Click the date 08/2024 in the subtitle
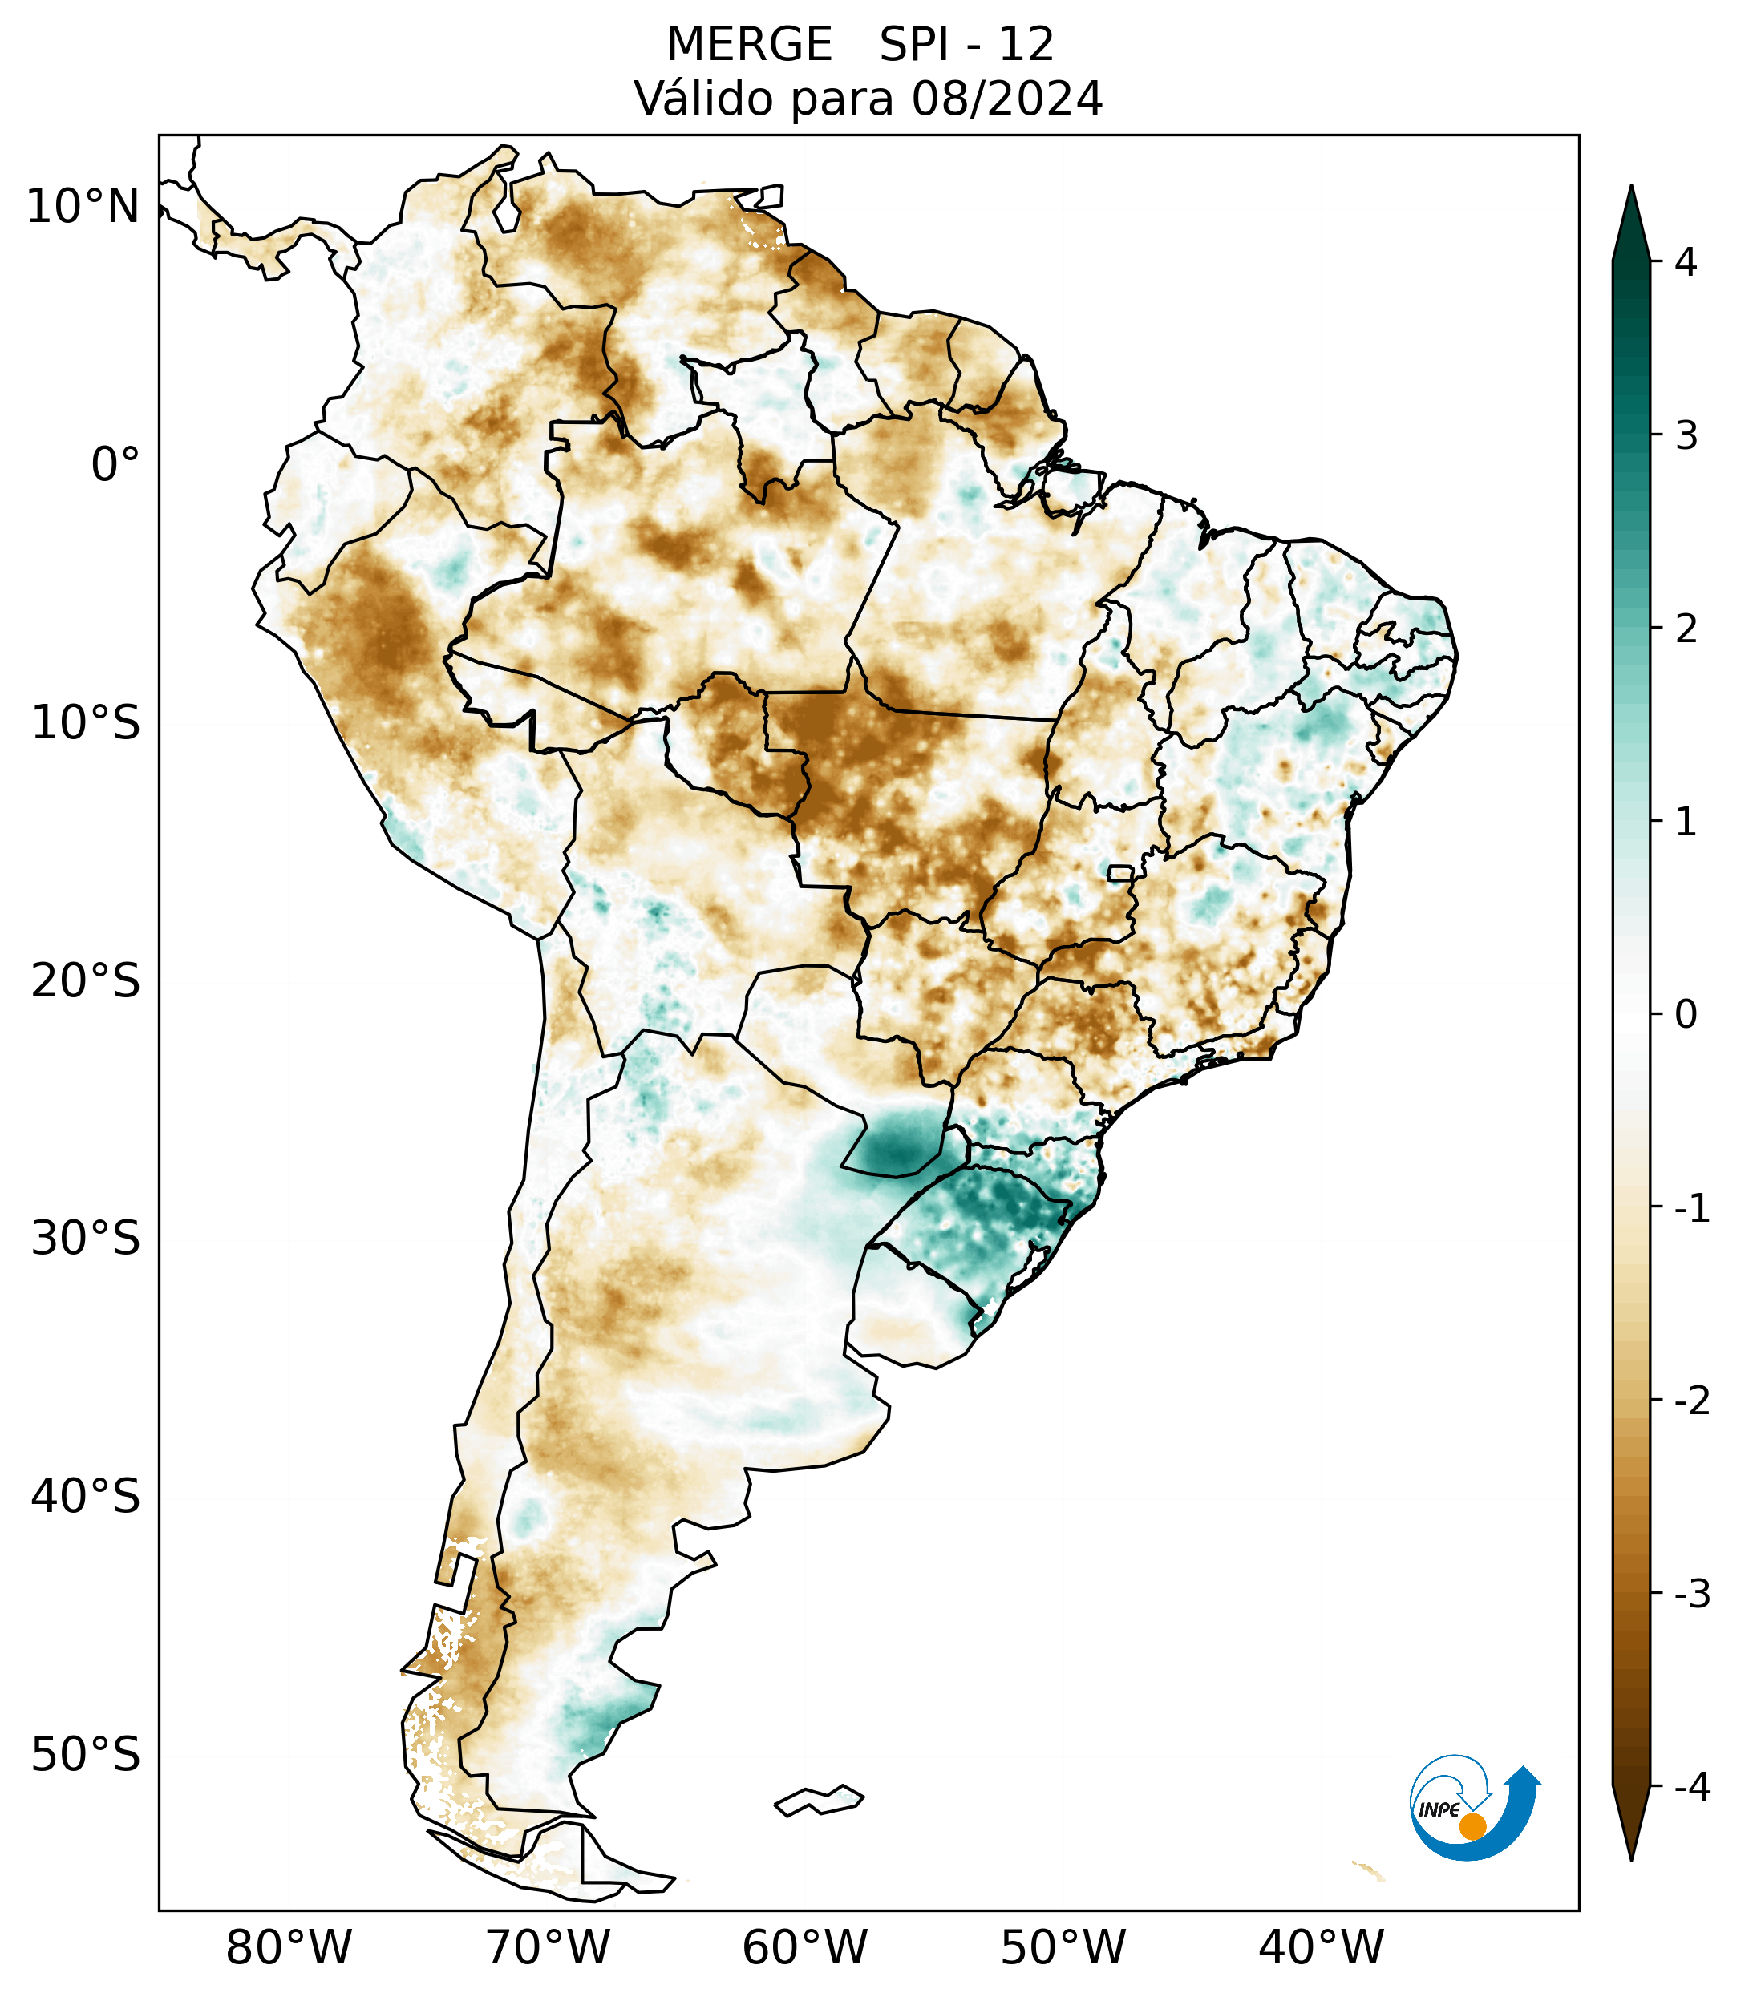click(x=1006, y=99)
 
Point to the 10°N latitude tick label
click(x=83, y=207)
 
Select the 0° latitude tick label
click(x=115, y=465)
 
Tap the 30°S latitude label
click(x=86, y=1239)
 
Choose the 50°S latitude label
click(x=86, y=1755)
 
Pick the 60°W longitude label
click(x=804, y=1947)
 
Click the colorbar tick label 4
click(x=1686, y=262)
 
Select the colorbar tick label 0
click(x=1686, y=1014)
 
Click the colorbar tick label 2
click(x=1686, y=629)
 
